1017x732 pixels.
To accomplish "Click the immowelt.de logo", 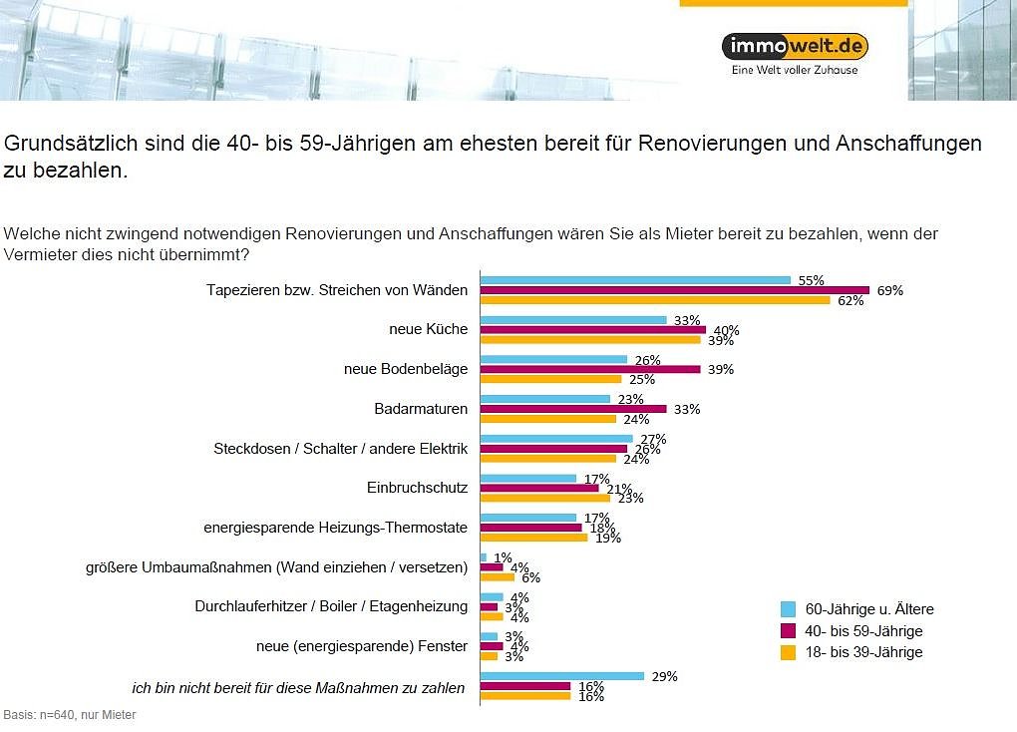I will [794, 46].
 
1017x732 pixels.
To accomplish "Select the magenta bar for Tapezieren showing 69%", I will [674, 290].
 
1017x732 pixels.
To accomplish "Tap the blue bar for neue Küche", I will [573, 320].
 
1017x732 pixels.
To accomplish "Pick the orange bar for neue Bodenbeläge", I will [550, 379].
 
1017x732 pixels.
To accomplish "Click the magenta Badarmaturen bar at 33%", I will [573, 409].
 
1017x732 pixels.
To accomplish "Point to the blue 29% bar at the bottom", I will [562, 676].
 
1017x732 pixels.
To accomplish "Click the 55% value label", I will [811, 280].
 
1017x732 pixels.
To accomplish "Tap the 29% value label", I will [664, 676].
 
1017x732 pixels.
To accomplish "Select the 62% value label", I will [850, 300].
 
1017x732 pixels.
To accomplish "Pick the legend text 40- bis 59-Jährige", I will [863, 631].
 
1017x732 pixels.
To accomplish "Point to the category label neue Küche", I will [428, 329].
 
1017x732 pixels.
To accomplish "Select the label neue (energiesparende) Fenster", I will [362, 646].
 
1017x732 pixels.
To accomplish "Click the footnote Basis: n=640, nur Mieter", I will [70, 715].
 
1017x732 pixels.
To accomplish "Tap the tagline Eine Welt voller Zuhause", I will [794, 71].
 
